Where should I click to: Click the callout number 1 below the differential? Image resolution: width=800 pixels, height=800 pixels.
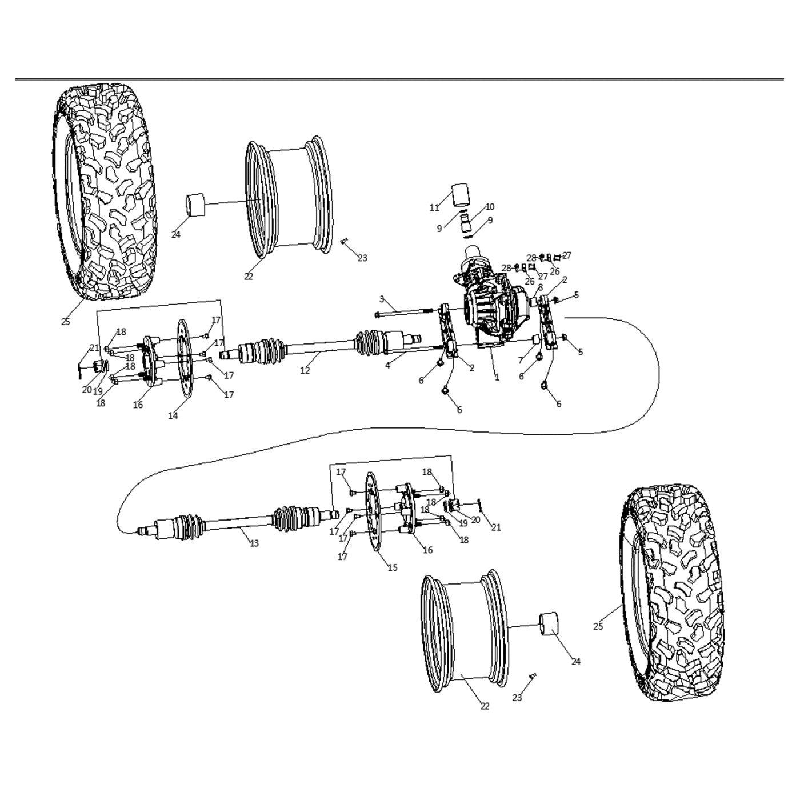click(497, 378)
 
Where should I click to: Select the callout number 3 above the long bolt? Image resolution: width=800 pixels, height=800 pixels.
click(382, 299)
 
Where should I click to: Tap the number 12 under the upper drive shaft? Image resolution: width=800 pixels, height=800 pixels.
click(305, 370)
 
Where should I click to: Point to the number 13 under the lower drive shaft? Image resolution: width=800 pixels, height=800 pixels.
click(254, 543)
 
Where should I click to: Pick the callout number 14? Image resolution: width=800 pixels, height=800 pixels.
click(173, 415)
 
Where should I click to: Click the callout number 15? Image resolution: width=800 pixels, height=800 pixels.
click(393, 567)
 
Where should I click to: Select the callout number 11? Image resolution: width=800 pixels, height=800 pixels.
click(434, 207)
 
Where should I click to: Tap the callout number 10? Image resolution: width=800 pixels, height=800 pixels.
click(490, 207)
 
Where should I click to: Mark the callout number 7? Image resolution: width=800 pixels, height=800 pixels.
click(520, 361)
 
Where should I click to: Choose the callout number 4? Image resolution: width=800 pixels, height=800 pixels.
click(388, 365)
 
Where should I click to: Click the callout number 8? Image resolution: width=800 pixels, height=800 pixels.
click(540, 287)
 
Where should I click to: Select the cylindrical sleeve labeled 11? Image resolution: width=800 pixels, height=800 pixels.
click(461, 195)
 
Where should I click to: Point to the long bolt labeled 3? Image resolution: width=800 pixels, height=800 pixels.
click(406, 312)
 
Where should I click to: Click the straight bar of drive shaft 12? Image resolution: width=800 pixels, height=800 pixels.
click(320, 345)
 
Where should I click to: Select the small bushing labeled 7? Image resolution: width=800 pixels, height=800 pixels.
click(536, 341)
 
